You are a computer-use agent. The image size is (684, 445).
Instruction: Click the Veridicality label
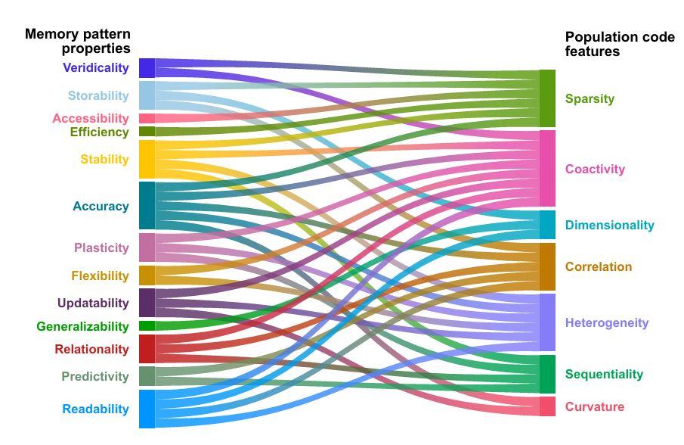tap(96, 68)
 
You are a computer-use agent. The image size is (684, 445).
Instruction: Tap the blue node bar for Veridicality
tap(147, 68)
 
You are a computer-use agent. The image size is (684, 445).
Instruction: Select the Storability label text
tap(98, 96)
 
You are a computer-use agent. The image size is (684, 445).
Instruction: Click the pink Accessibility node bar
tap(147, 118)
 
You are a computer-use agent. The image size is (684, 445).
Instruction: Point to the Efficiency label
tap(99, 132)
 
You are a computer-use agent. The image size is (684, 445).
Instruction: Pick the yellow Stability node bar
tap(147, 159)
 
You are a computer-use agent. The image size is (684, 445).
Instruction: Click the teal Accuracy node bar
tap(147, 205)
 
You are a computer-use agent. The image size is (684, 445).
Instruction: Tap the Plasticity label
tap(101, 248)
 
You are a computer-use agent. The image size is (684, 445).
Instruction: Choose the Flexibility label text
tap(101, 276)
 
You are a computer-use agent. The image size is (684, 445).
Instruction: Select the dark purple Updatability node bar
tap(147, 303)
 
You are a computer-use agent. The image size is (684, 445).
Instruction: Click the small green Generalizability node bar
tap(147, 326)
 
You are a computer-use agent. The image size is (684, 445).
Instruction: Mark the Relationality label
tap(91, 350)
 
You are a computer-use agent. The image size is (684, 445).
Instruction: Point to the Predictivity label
tap(95, 377)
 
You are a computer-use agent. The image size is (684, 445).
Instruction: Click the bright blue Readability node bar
tap(147, 409)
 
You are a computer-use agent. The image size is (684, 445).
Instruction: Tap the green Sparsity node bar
tap(547, 98)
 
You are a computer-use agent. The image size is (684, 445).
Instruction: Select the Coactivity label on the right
tap(595, 170)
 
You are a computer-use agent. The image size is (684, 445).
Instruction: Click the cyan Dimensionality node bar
tap(547, 225)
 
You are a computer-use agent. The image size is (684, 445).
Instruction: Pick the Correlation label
tap(598, 267)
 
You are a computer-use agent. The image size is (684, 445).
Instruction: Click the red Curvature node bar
tap(547, 406)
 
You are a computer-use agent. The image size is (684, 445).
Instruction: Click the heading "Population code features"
tap(619, 45)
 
